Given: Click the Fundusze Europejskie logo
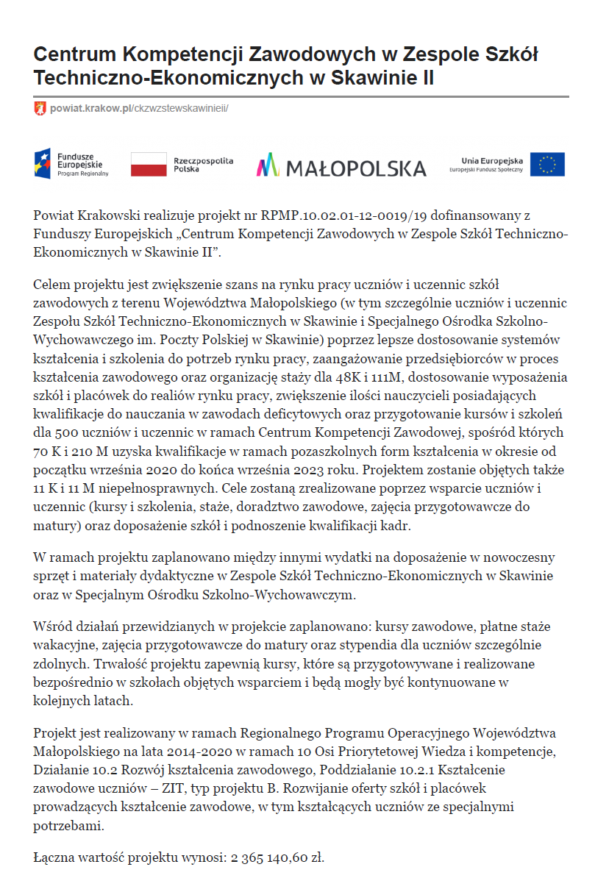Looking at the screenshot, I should pyautogui.click(x=71, y=164).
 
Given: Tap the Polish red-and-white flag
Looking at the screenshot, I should pyautogui.click(x=149, y=165).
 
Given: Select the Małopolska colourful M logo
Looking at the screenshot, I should pyautogui.click(x=268, y=165).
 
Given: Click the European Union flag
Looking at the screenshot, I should pyautogui.click(x=547, y=165).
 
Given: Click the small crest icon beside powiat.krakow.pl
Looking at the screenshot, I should pyautogui.click(x=40, y=108).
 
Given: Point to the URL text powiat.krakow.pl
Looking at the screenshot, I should pyautogui.click(x=90, y=108).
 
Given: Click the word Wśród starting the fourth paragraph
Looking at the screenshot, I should pyautogui.click(x=50, y=628).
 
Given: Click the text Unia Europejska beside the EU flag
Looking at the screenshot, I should pyautogui.click(x=491, y=160).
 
